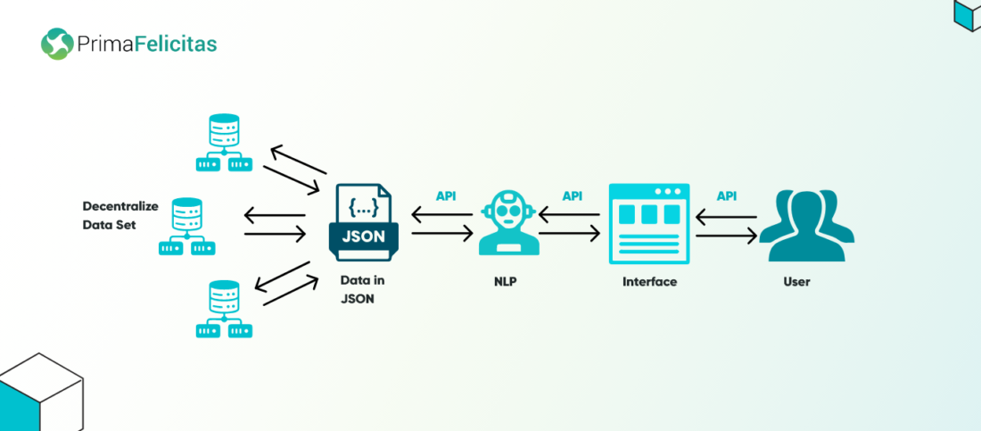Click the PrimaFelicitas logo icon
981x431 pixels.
tap(56, 43)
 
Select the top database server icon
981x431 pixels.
tap(224, 143)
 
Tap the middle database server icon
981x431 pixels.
tap(187, 227)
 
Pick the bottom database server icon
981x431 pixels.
tap(224, 309)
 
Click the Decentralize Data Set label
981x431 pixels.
tap(120, 216)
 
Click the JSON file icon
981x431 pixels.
tap(363, 223)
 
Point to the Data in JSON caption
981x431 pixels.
tap(362, 290)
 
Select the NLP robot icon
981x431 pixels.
tap(507, 223)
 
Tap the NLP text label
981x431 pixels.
tap(507, 282)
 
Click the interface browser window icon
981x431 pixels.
tap(649, 223)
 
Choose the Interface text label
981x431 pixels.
tap(649, 282)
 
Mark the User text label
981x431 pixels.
tap(796, 282)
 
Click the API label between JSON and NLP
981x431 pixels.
tap(446, 196)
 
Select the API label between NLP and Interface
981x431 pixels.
tap(573, 196)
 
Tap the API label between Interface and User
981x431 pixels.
tap(727, 196)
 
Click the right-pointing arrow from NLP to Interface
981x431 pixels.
tap(570, 234)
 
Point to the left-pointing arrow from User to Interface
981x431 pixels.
tap(726, 216)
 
